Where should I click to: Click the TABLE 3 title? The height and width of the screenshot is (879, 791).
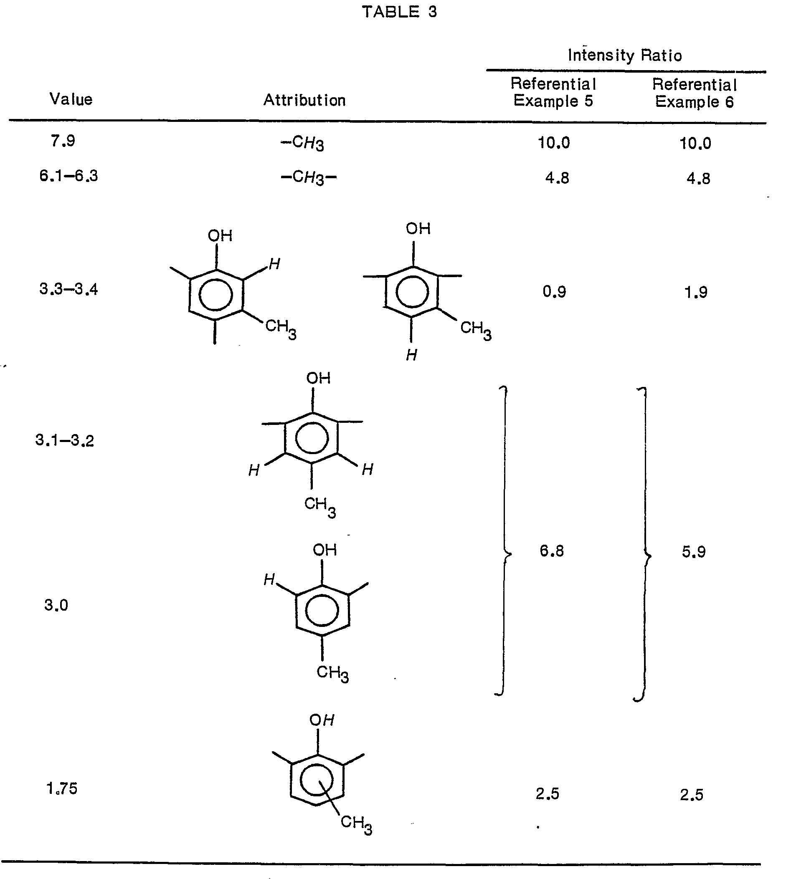399,12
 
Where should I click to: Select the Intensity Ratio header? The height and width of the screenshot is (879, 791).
624,55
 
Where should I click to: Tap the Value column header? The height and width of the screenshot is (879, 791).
71,99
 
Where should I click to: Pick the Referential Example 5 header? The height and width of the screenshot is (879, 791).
553,92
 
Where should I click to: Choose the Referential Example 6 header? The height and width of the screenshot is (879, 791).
695,93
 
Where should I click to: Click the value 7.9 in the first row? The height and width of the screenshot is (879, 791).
63,141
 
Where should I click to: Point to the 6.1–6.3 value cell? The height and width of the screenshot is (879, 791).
68,176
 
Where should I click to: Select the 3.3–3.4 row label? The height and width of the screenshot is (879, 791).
68,289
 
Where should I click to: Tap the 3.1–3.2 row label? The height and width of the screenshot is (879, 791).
65,440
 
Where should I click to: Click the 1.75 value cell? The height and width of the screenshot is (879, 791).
62,788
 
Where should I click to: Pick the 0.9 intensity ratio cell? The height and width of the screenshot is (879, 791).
554,291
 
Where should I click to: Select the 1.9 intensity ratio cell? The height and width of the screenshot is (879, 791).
696,292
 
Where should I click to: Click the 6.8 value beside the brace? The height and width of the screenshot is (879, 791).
552,551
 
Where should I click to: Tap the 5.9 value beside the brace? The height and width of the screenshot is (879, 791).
694,552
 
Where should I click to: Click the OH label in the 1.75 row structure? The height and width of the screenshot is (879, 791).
322,720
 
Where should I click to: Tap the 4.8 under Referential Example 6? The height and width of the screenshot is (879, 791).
698,179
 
